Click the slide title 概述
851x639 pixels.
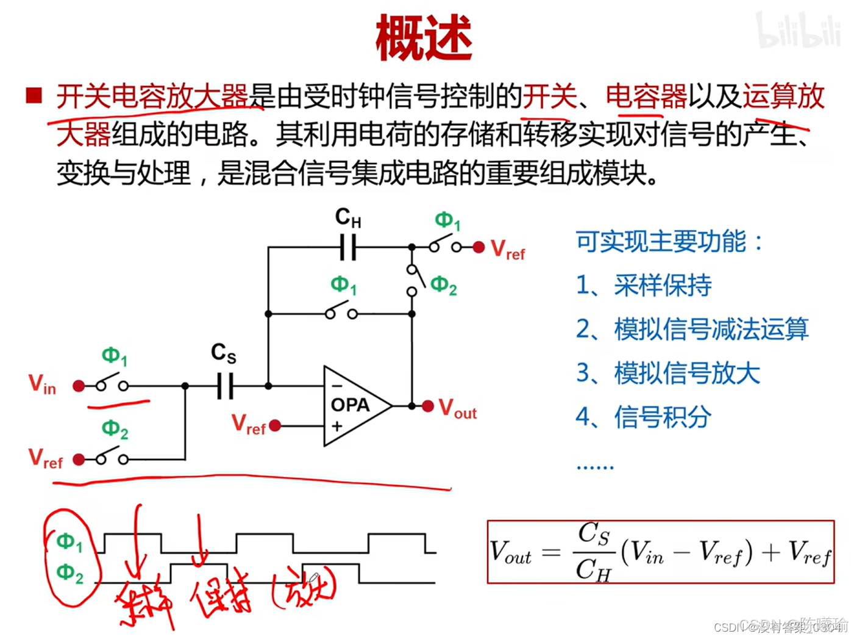tap(424, 38)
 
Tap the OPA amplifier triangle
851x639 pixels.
tap(354, 406)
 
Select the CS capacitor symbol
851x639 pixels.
tap(225, 386)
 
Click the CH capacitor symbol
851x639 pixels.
tap(348, 247)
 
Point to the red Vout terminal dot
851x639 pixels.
tap(428, 406)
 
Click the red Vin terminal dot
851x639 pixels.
tap(79, 386)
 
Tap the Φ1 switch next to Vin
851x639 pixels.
tap(112, 384)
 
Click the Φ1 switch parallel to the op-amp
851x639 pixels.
tap(341, 312)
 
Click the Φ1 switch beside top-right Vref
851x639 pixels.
tap(445, 245)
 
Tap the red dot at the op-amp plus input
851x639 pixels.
tap(275, 425)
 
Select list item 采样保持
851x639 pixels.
tap(662, 285)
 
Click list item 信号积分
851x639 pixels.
tap(662, 417)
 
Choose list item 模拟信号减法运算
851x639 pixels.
tap(711, 329)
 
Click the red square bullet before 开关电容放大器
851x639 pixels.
tap(34, 96)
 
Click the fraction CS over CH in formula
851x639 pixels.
tap(593, 552)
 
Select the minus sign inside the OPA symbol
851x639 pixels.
tap(336, 386)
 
